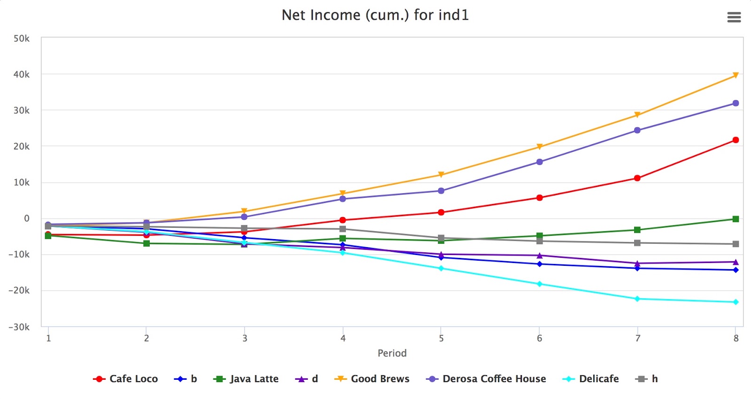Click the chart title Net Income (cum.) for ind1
coord(375,15)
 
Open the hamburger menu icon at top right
coord(734,17)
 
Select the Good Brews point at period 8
coord(736,75)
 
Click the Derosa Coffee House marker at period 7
coord(637,130)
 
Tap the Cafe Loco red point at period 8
coord(736,140)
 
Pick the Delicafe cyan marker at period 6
coord(539,284)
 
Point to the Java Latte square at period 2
coord(146,243)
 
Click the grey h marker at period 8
coord(736,244)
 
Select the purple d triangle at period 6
coord(539,256)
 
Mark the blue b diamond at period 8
coord(736,270)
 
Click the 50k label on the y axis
coord(22,38)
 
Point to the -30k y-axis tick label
coord(19,327)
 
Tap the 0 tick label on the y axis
coord(27,218)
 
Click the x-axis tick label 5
coord(441,339)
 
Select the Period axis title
coord(392,353)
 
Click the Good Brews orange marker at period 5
coord(441,174)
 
